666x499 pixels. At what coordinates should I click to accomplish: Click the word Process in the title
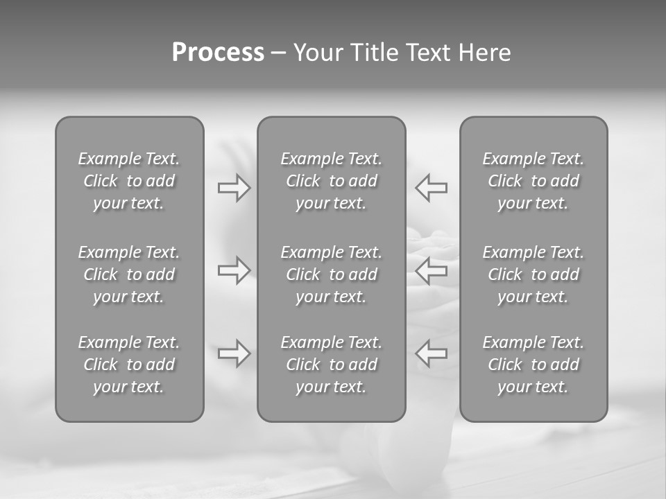tap(218, 53)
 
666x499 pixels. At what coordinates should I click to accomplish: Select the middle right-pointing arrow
tap(234, 270)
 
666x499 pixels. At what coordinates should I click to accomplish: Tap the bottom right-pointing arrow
tap(234, 353)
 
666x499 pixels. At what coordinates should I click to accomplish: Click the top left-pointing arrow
tap(431, 188)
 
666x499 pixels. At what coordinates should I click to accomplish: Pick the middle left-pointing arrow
tap(431, 270)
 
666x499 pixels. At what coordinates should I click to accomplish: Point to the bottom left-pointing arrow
tap(431, 353)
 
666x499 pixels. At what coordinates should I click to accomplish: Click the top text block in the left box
tap(129, 181)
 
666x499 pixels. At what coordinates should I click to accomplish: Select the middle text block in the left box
tap(129, 274)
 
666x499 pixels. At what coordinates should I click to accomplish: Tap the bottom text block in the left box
tap(129, 365)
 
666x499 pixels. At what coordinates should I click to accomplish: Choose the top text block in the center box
tap(332, 181)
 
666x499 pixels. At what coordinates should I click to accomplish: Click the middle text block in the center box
tap(332, 274)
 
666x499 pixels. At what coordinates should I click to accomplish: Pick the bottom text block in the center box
tap(332, 365)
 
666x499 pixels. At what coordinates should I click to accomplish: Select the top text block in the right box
tap(533, 181)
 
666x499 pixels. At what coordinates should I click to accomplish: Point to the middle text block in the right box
tap(533, 274)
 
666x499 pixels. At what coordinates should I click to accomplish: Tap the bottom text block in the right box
tap(533, 365)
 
